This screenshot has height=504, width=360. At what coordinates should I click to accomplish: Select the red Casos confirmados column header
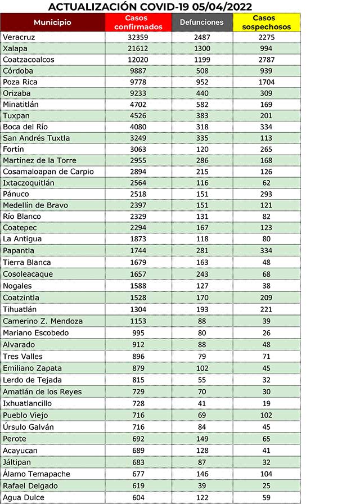(x=138, y=22)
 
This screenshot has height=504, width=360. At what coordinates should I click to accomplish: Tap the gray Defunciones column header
(x=202, y=22)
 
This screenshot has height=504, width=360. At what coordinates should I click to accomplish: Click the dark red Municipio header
(x=52, y=22)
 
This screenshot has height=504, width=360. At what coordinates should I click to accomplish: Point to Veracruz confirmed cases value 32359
(x=138, y=37)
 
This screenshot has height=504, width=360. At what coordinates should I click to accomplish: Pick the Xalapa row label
(x=15, y=48)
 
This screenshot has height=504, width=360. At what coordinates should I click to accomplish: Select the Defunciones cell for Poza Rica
(x=202, y=82)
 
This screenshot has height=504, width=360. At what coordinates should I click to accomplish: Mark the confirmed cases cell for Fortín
(x=138, y=149)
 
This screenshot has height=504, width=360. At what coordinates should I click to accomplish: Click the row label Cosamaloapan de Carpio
(x=48, y=172)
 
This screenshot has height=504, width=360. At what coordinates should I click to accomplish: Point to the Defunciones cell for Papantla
(x=202, y=250)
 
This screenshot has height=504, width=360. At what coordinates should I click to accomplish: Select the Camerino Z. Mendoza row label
(x=43, y=321)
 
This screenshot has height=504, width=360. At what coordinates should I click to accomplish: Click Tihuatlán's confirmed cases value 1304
(x=138, y=309)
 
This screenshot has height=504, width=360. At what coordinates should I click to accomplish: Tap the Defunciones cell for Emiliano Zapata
(x=202, y=368)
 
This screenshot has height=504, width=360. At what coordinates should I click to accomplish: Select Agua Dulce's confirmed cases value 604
(x=138, y=497)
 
